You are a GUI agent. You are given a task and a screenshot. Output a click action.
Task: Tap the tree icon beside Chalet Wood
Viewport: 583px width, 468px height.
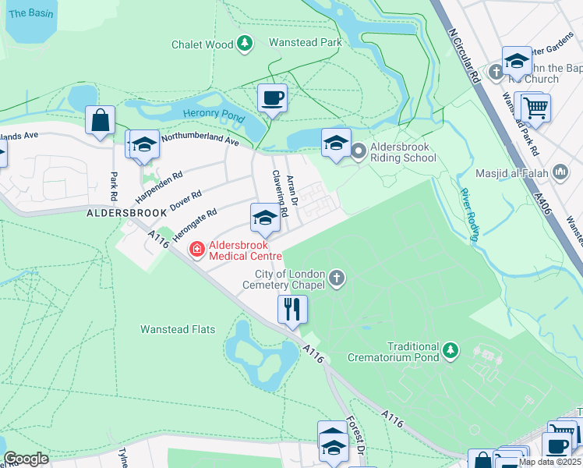coord(245,44)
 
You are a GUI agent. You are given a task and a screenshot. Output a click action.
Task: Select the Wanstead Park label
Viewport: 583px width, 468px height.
coord(306,42)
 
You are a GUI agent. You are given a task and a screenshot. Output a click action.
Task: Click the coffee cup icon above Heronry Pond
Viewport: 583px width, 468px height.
coord(272,98)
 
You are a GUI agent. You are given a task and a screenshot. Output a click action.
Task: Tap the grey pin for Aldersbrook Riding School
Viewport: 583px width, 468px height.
coord(359,150)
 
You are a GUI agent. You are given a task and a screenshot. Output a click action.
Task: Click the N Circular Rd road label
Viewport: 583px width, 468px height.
coord(465,57)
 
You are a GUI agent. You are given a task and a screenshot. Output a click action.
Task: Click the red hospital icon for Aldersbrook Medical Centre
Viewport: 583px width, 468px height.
coord(196,249)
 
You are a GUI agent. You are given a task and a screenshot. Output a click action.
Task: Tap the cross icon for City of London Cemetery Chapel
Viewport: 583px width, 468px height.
coord(337,278)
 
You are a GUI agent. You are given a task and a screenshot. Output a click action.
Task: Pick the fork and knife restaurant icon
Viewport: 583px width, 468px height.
coord(293,309)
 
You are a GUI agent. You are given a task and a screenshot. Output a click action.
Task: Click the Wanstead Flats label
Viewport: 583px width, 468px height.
coord(178,329)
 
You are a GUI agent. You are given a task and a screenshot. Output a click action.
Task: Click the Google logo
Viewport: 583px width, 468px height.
coord(26,459)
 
